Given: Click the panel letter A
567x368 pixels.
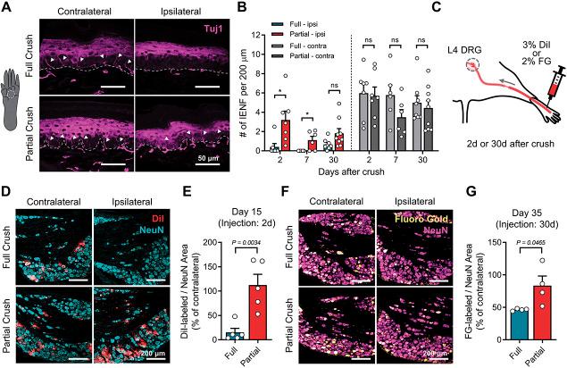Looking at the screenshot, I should pos(6,8).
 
